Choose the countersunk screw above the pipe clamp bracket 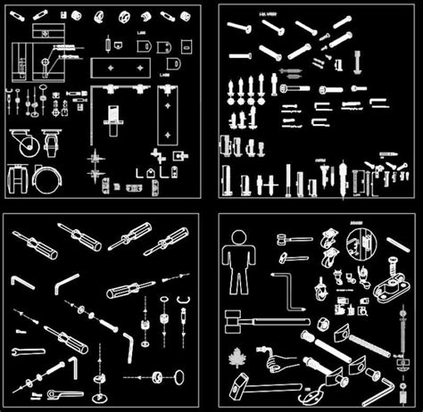tap(392, 265)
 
